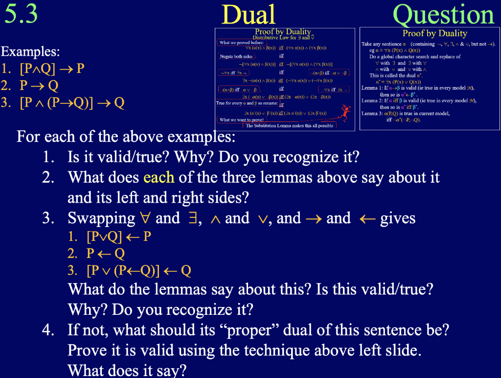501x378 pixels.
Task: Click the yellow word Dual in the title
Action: coord(249,15)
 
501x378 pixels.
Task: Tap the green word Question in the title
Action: coord(444,15)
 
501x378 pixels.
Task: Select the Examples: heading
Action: coord(30,51)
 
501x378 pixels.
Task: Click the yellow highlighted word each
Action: coord(159,177)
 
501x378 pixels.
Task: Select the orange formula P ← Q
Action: coord(105,254)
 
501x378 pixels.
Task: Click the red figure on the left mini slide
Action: coord(345,112)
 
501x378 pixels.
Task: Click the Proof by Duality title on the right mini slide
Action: coord(434,33)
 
